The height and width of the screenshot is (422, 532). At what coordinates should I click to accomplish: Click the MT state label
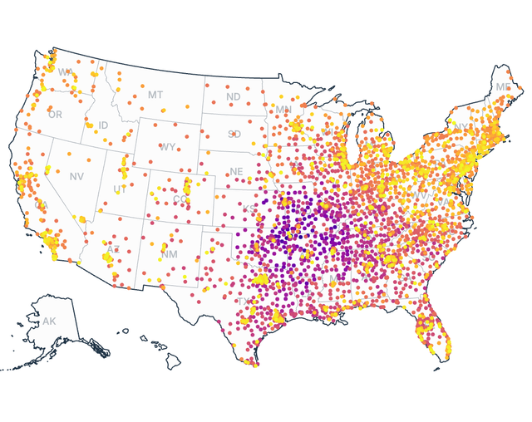(x=155, y=95)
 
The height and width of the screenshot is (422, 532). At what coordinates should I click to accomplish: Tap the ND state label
(x=234, y=97)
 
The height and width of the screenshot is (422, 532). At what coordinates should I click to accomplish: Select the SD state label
(x=234, y=134)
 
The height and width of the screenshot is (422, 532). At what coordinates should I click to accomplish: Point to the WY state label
(x=168, y=147)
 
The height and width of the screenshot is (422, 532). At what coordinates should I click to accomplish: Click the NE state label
(x=237, y=172)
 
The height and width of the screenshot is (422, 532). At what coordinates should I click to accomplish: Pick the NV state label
(x=76, y=177)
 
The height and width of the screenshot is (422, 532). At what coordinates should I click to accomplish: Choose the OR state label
(x=55, y=115)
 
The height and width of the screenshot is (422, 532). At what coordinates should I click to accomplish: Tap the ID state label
(x=103, y=125)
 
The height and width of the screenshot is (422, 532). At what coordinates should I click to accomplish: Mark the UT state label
(x=120, y=190)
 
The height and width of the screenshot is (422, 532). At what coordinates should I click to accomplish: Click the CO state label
(x=180, y=199)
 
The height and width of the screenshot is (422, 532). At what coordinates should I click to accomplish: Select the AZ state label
(x=113, y=249)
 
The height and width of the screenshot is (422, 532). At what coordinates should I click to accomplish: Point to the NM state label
(x=169, y=253)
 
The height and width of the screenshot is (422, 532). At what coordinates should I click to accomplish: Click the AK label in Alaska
(x=49, y=321)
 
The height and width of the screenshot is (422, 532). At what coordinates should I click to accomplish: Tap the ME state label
(x=503, y=87)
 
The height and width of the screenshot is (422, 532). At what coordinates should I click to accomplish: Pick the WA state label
(x=65, y=72)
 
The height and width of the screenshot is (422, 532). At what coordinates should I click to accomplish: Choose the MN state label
(x=283, y=110)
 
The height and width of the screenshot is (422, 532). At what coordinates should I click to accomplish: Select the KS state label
(x=249, y=209)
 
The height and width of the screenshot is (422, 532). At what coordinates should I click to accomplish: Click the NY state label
(x=461, y=127)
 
